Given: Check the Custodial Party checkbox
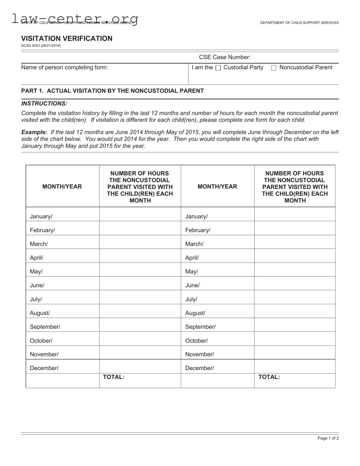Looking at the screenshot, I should [218, 68].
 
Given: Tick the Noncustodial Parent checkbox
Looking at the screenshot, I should [274, 68].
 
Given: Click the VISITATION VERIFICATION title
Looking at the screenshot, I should [66, 38].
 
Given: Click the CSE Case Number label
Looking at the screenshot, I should [225, 57].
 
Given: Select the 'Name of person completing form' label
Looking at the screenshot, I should [64, 67].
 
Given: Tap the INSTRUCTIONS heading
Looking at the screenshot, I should [44, 103].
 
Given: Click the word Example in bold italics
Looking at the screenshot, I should [34, 132].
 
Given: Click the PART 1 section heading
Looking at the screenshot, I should [112, 91].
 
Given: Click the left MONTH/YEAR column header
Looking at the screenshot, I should [62, 187].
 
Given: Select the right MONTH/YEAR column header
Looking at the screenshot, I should [217, 187].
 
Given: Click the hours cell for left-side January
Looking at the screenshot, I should [140, 214].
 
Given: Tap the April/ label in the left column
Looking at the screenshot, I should [37, 258].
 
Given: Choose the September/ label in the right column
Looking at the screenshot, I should [200, 327].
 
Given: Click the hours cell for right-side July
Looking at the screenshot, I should [295, 297].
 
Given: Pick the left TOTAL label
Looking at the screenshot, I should [114, 377].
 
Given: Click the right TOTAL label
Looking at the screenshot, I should [269, 377].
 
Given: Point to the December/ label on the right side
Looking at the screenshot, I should [199, 368].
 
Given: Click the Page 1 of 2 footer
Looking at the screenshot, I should [328, 438].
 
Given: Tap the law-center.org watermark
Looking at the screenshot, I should [75, 19].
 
